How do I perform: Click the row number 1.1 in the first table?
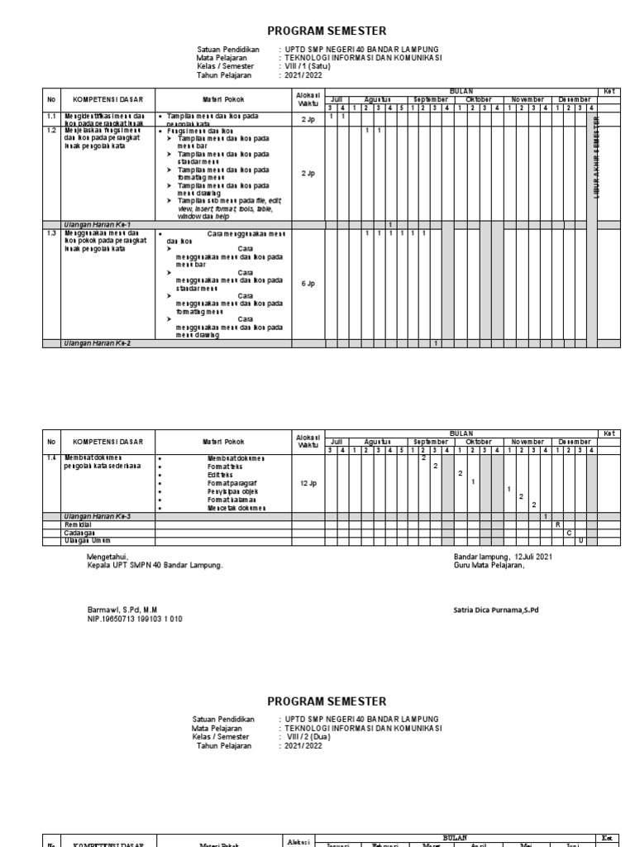click(x=51, y=117)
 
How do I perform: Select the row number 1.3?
click(x=51, y=234)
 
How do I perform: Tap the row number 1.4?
click(x=51, y=457)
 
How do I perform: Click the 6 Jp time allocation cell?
click(x=308, y=284)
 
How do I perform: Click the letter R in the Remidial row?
click(x=557, y=524)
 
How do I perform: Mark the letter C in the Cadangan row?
click(x=569, y=533)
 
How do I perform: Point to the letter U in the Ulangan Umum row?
click(x=580, y=541)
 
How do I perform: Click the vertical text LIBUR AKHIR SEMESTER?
click(x=595, y=156)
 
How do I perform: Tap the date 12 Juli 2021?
click(x=533, y=557)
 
